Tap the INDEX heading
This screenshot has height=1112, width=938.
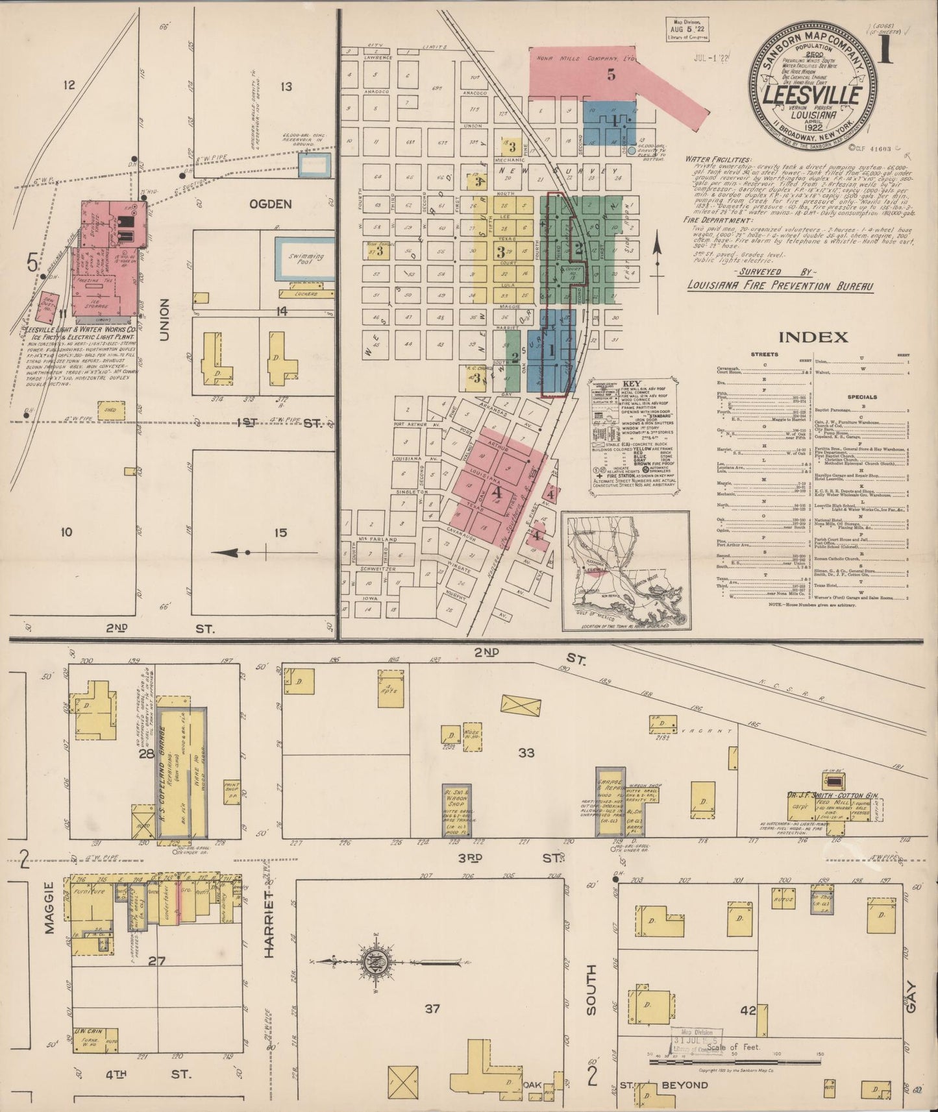tap(812, 337)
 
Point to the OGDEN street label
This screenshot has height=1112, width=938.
tap(271, 204)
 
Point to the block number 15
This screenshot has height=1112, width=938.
tap(280, 533)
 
